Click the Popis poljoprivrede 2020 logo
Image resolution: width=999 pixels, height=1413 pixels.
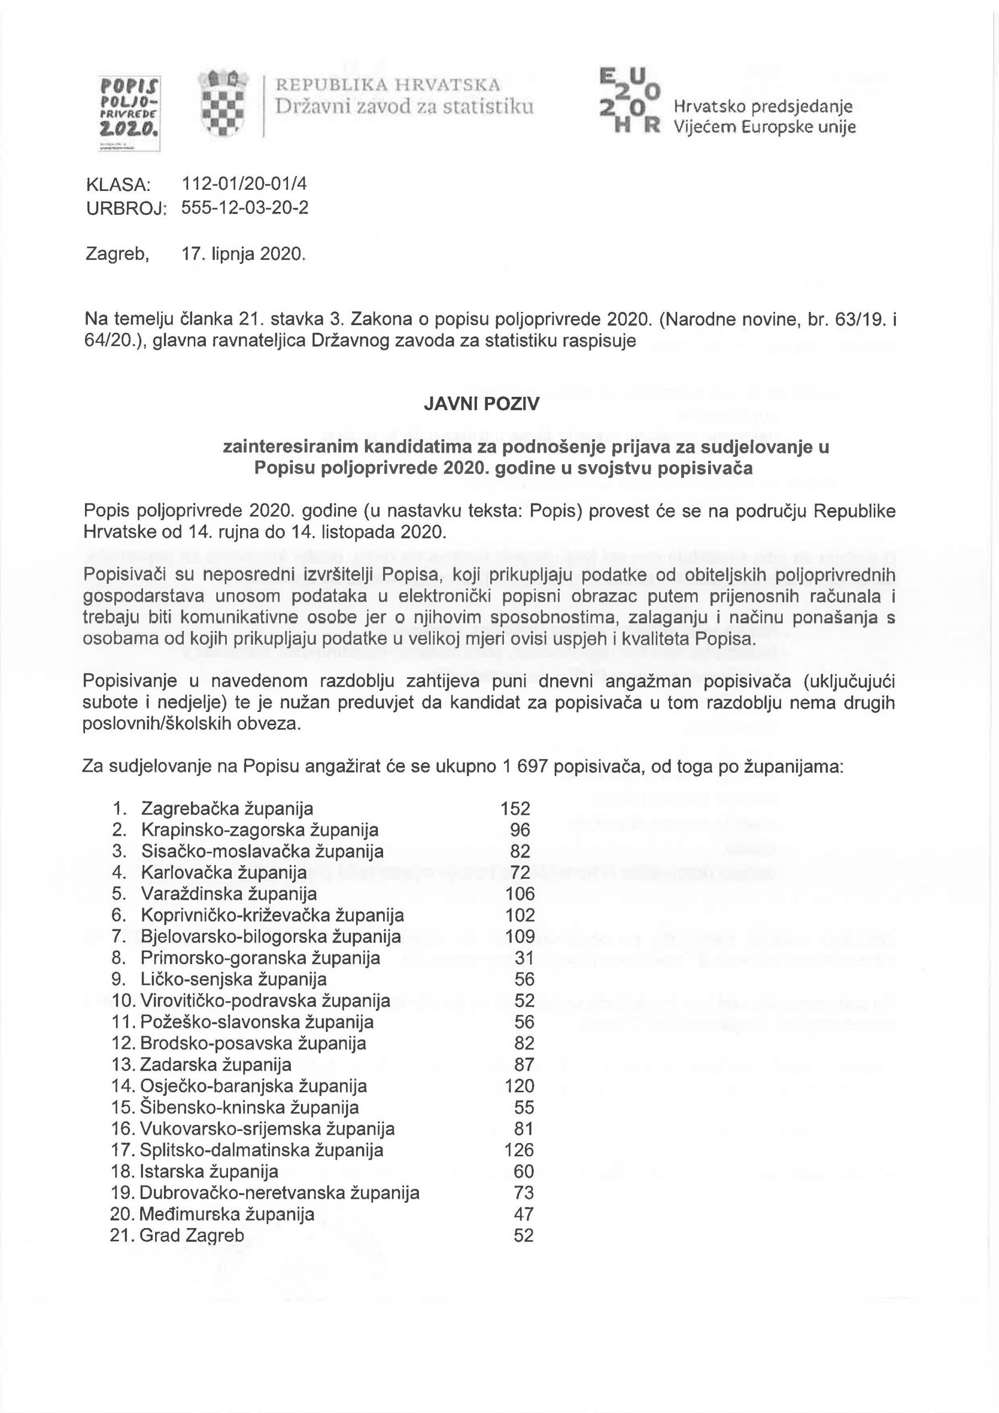(129, 113)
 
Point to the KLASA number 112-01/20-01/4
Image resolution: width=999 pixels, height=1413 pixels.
(245, 184)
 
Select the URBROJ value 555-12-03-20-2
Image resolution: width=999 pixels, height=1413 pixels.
(245, 208)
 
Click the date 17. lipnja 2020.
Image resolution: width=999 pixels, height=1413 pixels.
(244, 253)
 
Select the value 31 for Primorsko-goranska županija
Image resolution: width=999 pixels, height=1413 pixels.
(524, 958)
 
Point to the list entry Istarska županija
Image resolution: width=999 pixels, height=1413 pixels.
(209, 1171)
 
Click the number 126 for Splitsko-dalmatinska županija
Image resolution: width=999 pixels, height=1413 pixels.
(519, 1150)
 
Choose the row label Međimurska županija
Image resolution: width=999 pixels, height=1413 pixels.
(226, 1214)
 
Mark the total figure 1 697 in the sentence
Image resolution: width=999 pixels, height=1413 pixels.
(525, 767)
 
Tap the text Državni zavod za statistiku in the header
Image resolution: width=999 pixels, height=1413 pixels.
(404, 107)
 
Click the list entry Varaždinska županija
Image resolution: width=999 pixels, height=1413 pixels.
(229, 894)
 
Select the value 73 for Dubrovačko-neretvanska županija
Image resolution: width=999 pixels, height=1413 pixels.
(524, 1193)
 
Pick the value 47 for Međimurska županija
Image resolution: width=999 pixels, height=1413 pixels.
(524, 1214)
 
